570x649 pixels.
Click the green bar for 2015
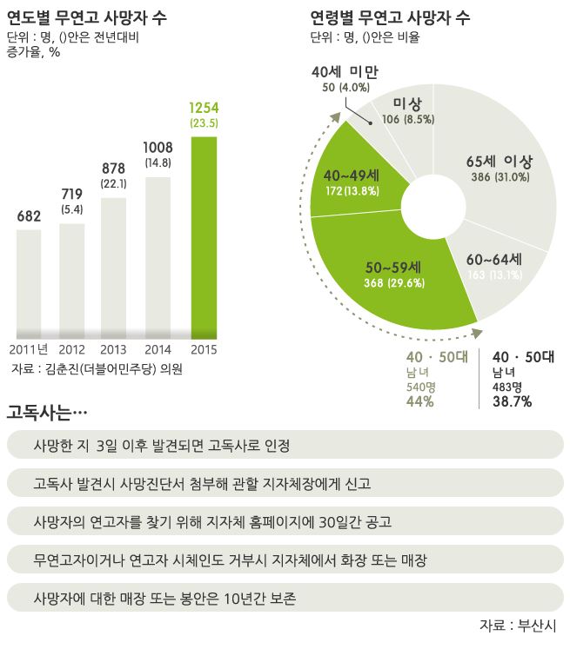204,235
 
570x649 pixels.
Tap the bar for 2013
115,265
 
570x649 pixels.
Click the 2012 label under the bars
70,349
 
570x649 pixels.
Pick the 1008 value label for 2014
158,147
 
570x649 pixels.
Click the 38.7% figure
513,401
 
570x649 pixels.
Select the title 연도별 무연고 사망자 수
87,17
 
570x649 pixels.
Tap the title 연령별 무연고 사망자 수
390,17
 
